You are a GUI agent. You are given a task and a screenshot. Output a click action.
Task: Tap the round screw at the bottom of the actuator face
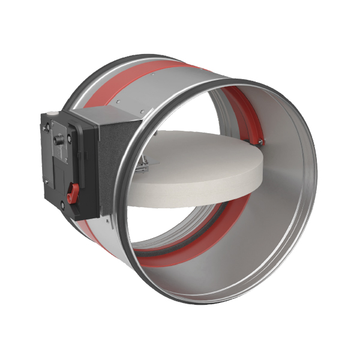tap(62, 205)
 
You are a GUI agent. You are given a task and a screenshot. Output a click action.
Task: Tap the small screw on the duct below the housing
tap(110, 224)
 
